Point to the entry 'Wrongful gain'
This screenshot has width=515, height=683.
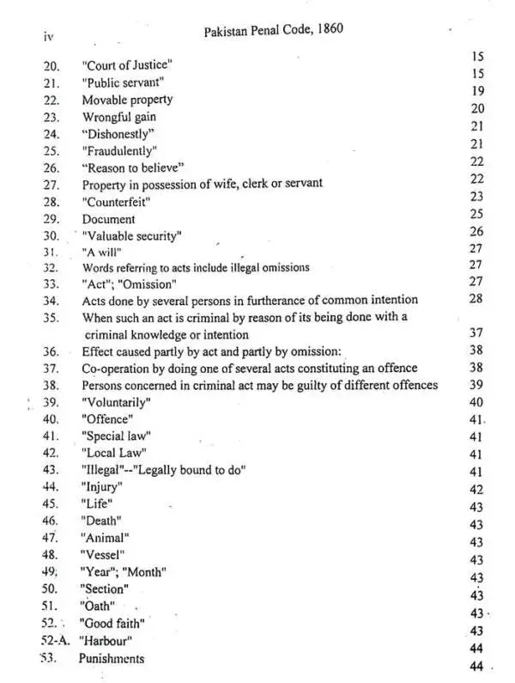click(119, 117)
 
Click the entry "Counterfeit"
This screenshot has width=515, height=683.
click(117, 201)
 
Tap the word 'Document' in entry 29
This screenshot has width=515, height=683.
click(109, 218)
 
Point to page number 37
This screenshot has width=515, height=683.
click(477, 332)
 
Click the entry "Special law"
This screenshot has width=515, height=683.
click(116, 436)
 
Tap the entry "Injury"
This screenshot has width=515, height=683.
click(102, 487)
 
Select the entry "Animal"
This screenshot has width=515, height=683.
click(105, 537)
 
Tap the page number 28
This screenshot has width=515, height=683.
click(477, 298)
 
